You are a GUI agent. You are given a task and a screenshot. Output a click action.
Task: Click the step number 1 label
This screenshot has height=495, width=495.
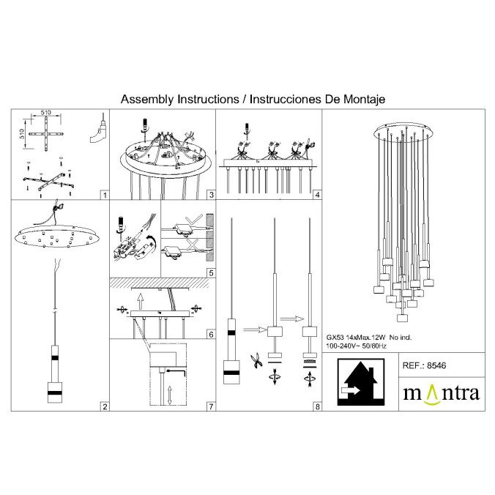pyautogui.click(x=105, y=196)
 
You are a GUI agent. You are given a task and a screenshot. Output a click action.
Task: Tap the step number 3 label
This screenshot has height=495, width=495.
pyautogui.click(x=210, y=196)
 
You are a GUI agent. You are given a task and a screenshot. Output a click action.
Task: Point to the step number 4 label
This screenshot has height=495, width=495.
pyautogui.click(x=317, y=196)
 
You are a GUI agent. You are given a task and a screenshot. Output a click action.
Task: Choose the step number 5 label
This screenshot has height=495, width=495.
pyautogui.click(x=210, y=272)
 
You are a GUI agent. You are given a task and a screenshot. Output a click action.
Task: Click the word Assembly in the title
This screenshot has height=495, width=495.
pyautogui.click(x=144, y=98)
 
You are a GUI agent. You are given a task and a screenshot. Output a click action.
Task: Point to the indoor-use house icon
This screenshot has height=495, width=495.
pyautogui.click(x=359, y=384)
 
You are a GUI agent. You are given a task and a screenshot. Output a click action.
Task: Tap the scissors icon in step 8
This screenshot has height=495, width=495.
pyautogui.click(x=256, y=360)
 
